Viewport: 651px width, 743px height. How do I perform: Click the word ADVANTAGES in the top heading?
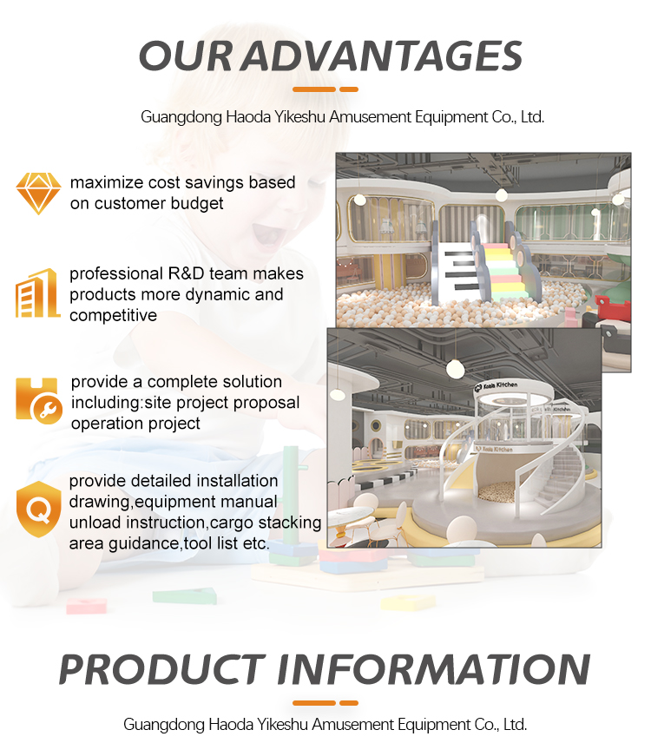coord(381,56)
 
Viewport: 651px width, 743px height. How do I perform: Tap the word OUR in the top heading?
coord(186,56)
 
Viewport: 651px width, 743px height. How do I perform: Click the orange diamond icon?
coord(39,194)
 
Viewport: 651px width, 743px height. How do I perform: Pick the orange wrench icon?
coord(39,401)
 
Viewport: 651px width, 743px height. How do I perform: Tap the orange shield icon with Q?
coord(38,510)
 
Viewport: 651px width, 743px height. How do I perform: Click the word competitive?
coord(113,315)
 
